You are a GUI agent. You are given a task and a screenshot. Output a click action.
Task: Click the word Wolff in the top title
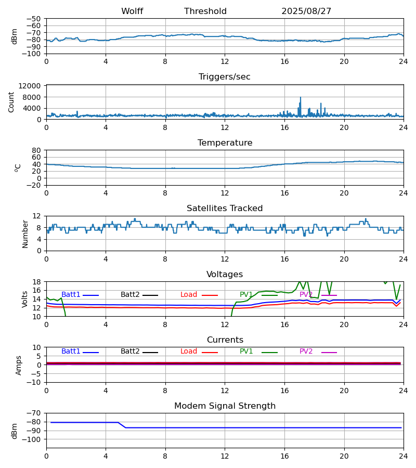[132, 11]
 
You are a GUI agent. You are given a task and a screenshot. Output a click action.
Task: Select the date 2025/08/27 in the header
[306, 11]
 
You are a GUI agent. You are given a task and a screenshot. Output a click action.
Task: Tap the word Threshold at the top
[205, 11]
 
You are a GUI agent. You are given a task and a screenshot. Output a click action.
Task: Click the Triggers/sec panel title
[225, 77]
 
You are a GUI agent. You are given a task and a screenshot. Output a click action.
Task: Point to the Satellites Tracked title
[225, 209]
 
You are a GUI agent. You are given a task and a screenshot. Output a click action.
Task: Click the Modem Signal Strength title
[225, 406]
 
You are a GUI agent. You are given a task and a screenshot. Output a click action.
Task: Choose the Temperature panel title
[225, 143]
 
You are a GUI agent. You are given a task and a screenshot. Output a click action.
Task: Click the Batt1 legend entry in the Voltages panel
[71, 295]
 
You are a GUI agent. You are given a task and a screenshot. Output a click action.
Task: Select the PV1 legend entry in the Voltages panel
[246, 295]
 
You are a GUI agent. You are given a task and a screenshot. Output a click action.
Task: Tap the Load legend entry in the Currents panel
[189, 352]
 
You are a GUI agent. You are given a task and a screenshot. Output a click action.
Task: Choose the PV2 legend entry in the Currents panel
[306, 352]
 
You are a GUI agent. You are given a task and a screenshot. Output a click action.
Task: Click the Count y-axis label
[11, 102]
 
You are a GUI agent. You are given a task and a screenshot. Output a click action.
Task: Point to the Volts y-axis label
[25, 299]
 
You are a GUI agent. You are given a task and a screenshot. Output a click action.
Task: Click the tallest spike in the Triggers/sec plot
[300, 98]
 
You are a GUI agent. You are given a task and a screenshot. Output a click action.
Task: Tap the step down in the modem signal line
[122, 425]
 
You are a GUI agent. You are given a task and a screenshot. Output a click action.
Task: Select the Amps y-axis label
[19, 365]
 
